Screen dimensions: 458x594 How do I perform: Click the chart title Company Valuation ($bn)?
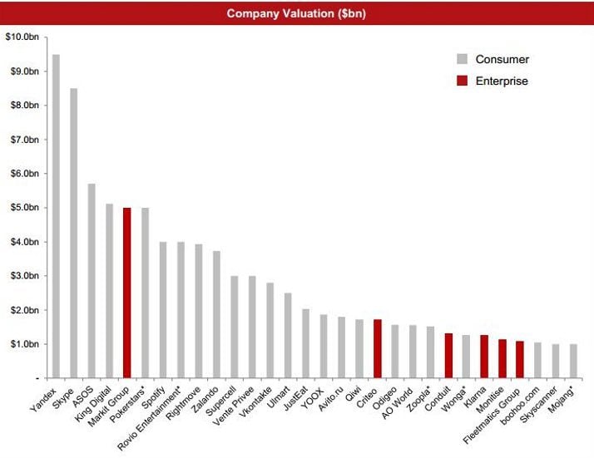coord(297,13)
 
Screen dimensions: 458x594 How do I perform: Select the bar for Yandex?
coord(56,216)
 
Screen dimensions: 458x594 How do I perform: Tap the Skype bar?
coord(74,233)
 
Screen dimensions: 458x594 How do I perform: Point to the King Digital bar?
coord(109,291)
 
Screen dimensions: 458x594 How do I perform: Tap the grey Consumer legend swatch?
coord(462,59)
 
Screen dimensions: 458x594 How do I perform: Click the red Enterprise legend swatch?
coord(462,81)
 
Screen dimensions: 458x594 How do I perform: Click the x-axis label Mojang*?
coord(564,398)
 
